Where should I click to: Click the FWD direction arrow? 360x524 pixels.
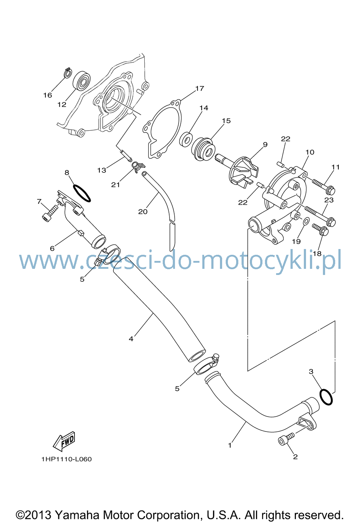(x=64, y=441)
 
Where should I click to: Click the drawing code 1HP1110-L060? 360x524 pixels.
(x=67, y=459)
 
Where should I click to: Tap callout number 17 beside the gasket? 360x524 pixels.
(x=200, y=89)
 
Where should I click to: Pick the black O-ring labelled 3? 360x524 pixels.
(x=325, y=397)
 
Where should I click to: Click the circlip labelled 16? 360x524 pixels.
(x=68, y=72)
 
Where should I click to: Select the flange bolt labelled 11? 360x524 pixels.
(x=324, y=186)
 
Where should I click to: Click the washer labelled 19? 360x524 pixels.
(x=306, y=221)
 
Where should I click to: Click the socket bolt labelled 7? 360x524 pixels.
(x=51, y=213)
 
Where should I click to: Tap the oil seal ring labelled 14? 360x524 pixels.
(x=186, y=140)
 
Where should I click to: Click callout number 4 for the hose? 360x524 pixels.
(x=131, y=339)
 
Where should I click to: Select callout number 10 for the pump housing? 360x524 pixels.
(x=310, y=152)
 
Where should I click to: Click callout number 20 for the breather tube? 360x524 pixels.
(x=143, y=212)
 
